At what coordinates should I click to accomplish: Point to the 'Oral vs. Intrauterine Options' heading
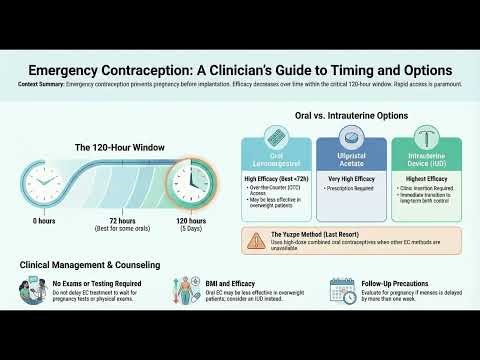[352, 116]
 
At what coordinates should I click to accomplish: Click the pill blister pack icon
[275, 139]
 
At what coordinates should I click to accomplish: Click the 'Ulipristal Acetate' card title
[350, 161]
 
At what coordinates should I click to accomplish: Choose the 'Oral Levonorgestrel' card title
[275, 161]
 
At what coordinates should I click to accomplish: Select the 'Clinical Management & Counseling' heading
[91, 265]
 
